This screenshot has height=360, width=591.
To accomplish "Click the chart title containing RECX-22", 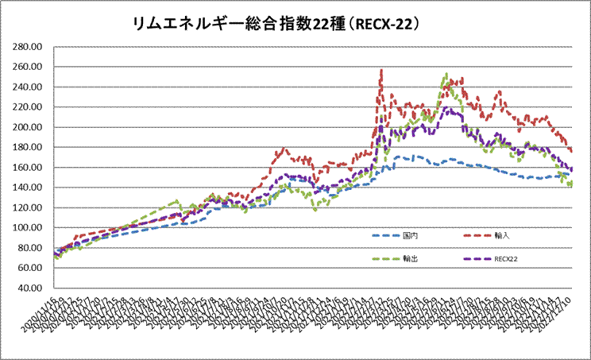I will (x=279, y=24).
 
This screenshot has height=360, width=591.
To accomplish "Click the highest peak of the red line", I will (x=382, y=71).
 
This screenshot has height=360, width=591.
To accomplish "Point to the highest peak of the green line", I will (x=446, y=75).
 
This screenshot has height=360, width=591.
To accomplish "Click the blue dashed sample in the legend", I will (x=384, y=236).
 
